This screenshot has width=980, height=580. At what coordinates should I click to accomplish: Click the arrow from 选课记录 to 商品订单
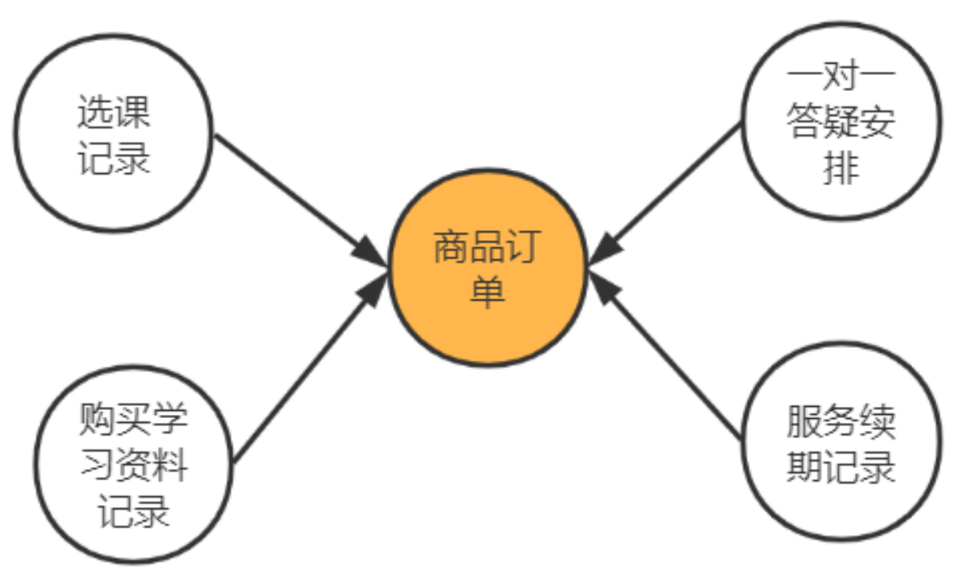click(290, 193)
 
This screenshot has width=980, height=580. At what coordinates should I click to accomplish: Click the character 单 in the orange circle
click(488, 292)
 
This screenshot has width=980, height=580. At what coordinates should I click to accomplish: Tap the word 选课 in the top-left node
click(114, 113)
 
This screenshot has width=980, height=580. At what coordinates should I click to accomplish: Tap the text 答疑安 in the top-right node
click(841, 125)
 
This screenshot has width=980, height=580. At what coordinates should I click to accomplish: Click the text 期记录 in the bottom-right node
click(841, 466)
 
